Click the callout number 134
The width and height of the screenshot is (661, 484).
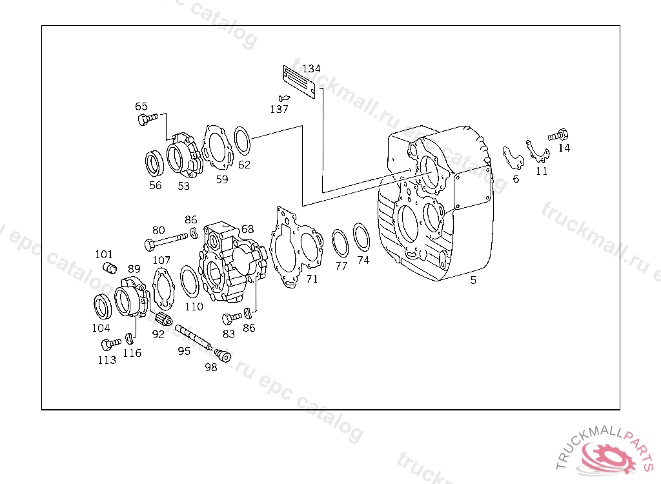pyautogui.click(x=312, y=68)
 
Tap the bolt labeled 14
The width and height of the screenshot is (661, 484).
pyautogui.click(x=558, y=136)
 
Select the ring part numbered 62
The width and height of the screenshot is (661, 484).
pyautogui.click(x=243, y=141)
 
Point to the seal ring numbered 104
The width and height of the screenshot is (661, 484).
pyautogui.click(x=103, y=307)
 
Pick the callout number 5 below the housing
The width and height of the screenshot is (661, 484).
pyautogui.click(x=473, y=280)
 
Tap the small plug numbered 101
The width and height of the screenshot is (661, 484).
pyautogui.click(x=110, y=267)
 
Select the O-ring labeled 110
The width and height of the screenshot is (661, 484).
pyautogui.click(x=190, y=281)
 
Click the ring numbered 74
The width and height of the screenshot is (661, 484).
pyautogui.click(x=361, y=237)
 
